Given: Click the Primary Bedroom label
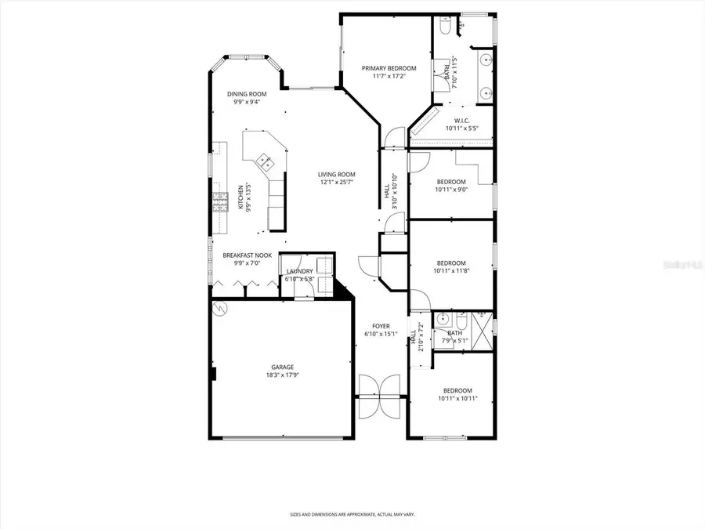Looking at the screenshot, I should pos(389,68).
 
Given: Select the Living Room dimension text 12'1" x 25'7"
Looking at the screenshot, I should pos(337,182).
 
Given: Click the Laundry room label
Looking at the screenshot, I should pos(300,271).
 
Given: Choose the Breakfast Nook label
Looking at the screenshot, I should pos(248,255).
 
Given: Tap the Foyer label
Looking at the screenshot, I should pos(381,326).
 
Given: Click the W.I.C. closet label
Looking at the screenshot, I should pos(461,121).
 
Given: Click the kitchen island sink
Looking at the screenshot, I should pos(266,162).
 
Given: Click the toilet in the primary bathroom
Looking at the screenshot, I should pos(444,28).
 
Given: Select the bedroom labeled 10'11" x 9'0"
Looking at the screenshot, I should pos(451,185).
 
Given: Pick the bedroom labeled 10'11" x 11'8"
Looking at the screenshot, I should pos(451,267).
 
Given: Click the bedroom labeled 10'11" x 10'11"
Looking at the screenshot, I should pos(457,394).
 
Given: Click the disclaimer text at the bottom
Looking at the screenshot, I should pos(352,514).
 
